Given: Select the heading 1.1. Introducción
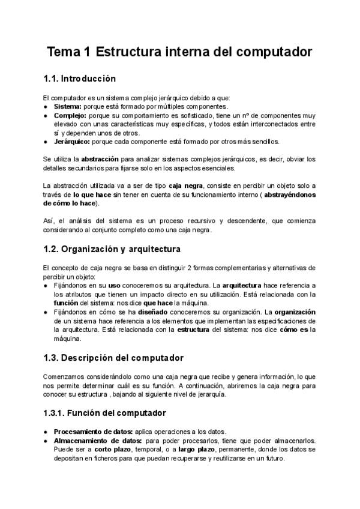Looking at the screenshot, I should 79,79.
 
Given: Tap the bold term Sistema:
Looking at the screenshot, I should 68,106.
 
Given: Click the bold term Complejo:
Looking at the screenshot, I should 70,115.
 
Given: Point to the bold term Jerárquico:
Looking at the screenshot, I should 73,142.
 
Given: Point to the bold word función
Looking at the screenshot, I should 66,303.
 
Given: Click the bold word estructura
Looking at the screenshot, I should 197,330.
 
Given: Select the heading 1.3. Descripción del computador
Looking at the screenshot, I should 113,358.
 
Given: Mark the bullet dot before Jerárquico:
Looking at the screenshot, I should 46,142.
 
